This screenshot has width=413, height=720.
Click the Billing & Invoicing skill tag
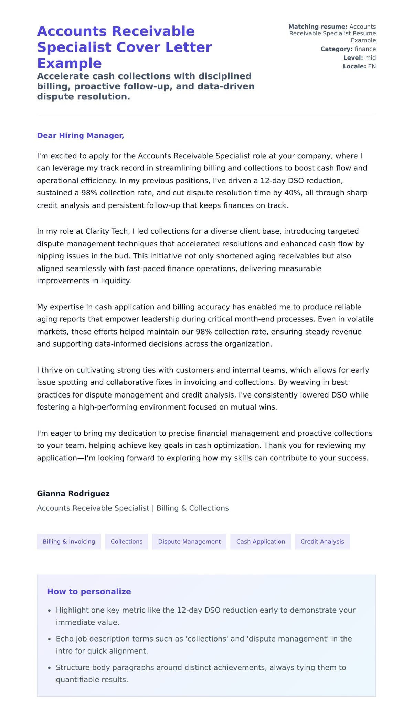click(69, 541)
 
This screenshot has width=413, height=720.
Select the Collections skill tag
click(126, 541)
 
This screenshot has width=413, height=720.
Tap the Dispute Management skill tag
click(189, 541)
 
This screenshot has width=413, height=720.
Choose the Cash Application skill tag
click(261, 541)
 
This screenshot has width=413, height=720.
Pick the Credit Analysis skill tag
click(322, 541)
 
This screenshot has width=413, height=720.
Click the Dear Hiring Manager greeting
click(81, 136)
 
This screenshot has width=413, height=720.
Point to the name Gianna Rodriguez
click(73, 494)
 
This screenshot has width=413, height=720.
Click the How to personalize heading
click(89, 591)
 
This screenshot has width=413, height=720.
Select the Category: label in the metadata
click(336, 49)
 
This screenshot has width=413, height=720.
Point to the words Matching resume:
click(318, 27)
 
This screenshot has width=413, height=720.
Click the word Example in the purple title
click(70, 63)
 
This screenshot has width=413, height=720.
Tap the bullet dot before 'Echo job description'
click(49, 639)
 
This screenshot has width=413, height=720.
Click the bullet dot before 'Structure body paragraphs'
click(49, 668)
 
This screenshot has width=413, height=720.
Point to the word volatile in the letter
click(360, 319)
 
